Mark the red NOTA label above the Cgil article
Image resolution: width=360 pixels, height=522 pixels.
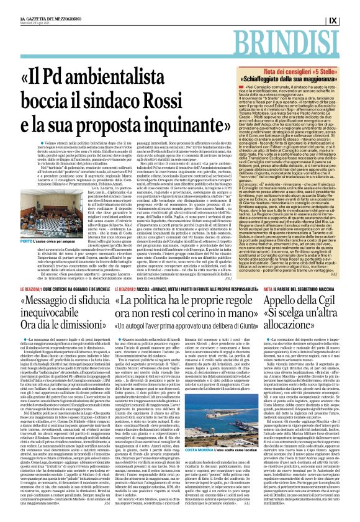[x=269, y=306]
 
